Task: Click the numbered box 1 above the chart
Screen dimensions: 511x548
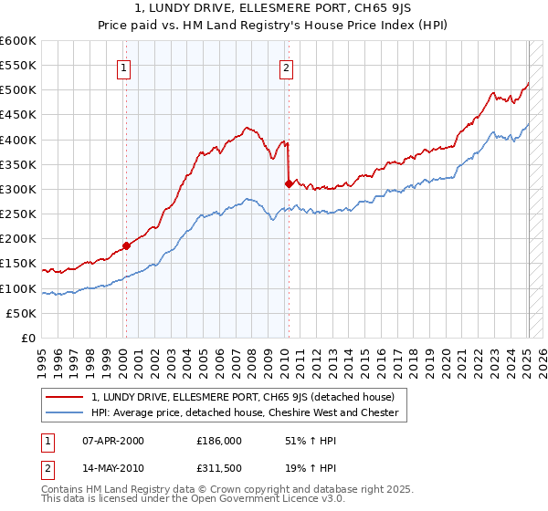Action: coord(123,67)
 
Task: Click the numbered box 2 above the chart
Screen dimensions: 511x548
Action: coord(286,67)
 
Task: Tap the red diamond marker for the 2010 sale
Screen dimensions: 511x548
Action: coord(289,183)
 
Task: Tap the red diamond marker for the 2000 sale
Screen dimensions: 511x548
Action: coord(126,245)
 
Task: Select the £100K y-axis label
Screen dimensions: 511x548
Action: coord(19,289)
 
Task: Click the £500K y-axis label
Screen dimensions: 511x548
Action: coord(19,90)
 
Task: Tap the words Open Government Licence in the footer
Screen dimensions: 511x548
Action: coord(251,500)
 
